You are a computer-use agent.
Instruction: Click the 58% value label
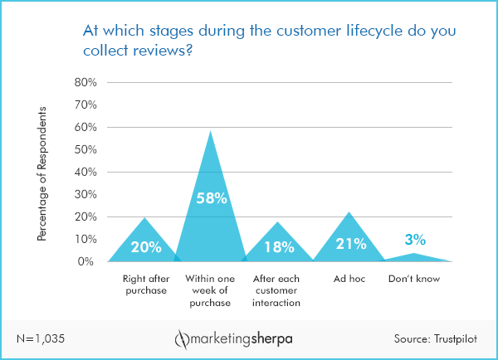click(209, 199)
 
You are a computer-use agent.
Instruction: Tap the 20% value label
click(145, 246)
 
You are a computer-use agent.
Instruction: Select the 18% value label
click(278, 246)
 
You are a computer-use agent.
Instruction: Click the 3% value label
click(415, 240)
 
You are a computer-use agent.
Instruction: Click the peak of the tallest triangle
click(210, 131)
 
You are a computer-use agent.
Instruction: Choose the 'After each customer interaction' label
click(278, 291)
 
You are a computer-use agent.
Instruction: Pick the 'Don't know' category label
click(415, 280)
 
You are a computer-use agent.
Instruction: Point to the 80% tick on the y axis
click(86, 83)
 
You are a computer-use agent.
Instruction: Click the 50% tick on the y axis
click(86, 150)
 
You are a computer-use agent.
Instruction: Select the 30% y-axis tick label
click(86, 195)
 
